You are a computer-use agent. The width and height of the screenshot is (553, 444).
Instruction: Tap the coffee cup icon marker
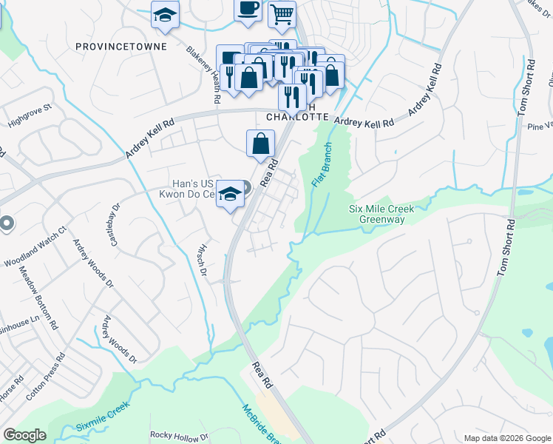tap(248, 8)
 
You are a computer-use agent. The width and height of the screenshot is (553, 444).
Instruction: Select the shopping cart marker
tap(282, 14)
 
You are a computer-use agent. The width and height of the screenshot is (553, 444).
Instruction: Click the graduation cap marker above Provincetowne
tap(165, 15)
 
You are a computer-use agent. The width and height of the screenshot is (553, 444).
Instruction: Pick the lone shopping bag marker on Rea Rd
tap(260, 143)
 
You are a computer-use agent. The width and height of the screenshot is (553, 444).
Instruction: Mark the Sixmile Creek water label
tap(103, 417)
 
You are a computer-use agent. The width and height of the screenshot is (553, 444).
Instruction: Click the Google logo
tap(25, 435)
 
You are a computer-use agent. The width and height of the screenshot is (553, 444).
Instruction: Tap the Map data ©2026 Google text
tap(506, 438)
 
